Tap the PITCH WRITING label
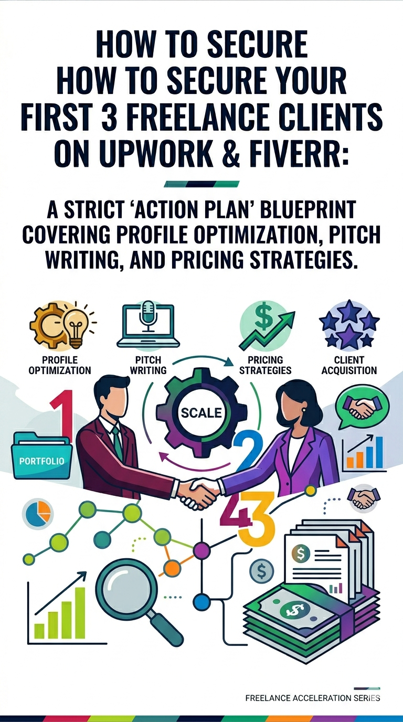coord(149,365)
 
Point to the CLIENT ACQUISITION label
coord(349,365)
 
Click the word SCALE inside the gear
coord(201,413)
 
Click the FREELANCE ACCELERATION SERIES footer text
coord(312,698)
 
